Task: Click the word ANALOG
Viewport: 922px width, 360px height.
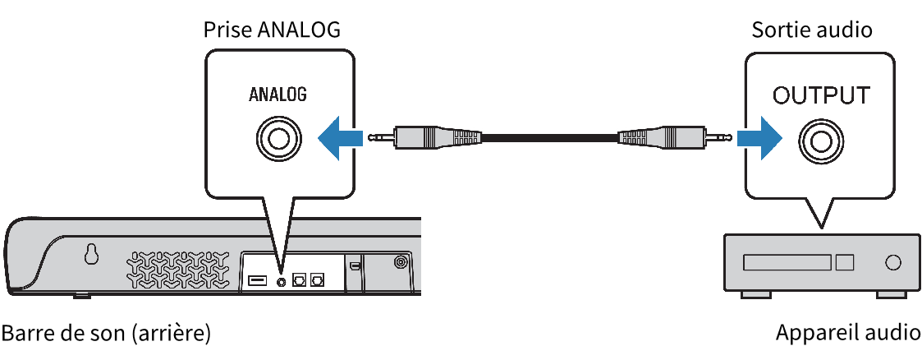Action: (x=278, y=95)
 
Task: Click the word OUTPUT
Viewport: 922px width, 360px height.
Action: (x=820, y=95)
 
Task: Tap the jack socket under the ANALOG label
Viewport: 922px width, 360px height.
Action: (x=278, y=136)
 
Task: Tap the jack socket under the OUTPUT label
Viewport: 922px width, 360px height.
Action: (x=820, y=140)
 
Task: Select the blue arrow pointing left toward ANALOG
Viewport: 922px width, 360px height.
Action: (x=338, y=136)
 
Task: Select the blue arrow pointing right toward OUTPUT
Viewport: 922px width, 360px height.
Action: (x=757, y=136)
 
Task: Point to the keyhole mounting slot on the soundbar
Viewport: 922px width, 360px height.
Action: (x=91, y=256)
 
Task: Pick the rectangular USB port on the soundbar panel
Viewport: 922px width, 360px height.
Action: (x=256, y=281)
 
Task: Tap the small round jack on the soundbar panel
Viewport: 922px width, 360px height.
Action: (x=282, y=281)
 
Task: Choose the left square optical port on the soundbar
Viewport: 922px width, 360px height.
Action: (x=300, y=279)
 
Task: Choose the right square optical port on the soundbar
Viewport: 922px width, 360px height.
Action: (x=317, y=279)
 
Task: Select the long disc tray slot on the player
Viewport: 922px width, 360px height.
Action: (x=787, y=263)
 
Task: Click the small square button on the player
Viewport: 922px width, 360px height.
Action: (x=844, y=263)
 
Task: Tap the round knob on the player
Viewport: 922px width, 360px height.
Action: (x=892, y=263)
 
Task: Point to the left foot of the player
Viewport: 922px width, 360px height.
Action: (x=752, y=293)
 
